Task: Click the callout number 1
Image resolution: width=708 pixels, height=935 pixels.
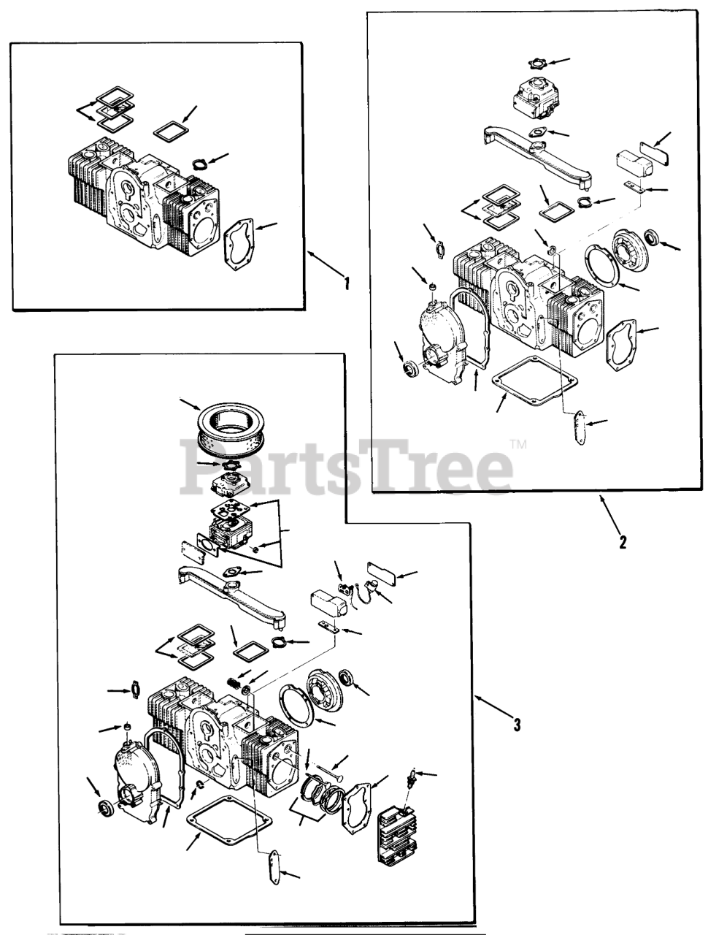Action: (x=347, y=283)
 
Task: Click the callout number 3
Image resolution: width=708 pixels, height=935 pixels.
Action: (x=517, y=724)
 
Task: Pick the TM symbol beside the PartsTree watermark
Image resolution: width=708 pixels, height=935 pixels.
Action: (x=519, y=444)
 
